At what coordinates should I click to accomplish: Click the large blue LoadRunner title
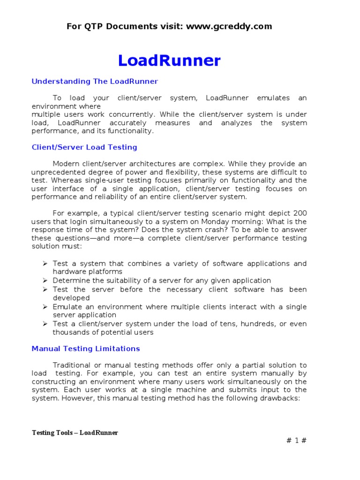coord(169,60)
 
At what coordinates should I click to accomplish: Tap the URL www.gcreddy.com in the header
coord(229,26)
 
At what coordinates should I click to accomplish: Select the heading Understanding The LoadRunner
coord(95,82)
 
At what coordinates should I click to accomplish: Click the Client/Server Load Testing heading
coord(84,147)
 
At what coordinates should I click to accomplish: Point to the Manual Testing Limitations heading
coord(86,349)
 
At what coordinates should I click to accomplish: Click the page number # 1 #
coord(296,440)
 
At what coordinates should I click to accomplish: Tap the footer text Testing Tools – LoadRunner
coord(75,433)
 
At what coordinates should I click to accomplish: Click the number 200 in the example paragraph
coord(300,213)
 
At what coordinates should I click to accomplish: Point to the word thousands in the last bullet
coord(71,332)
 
